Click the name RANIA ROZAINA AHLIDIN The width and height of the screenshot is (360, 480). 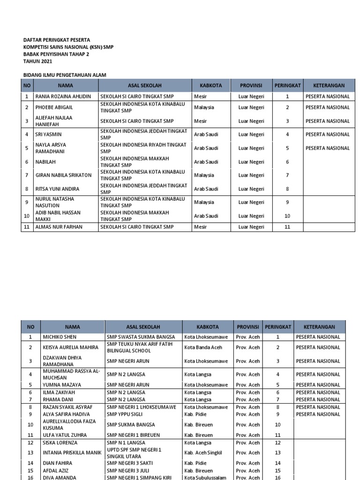point(63,97)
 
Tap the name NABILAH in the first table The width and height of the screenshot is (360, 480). point(45,162)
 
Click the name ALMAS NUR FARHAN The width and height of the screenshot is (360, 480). point(60,227)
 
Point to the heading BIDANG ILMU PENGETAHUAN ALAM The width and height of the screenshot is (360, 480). point(65,75)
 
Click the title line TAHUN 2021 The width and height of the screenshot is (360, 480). point(38,61)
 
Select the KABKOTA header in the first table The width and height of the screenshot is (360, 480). point(211,86)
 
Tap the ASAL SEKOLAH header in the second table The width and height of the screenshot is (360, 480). point(143,327)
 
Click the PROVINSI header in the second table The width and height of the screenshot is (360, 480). point(248,327)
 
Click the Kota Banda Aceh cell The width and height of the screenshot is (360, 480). point(203,347)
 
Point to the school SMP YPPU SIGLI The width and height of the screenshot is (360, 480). point(126,414)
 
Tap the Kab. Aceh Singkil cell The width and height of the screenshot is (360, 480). point(203,453)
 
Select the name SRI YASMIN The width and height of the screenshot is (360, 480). point(49,135)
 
